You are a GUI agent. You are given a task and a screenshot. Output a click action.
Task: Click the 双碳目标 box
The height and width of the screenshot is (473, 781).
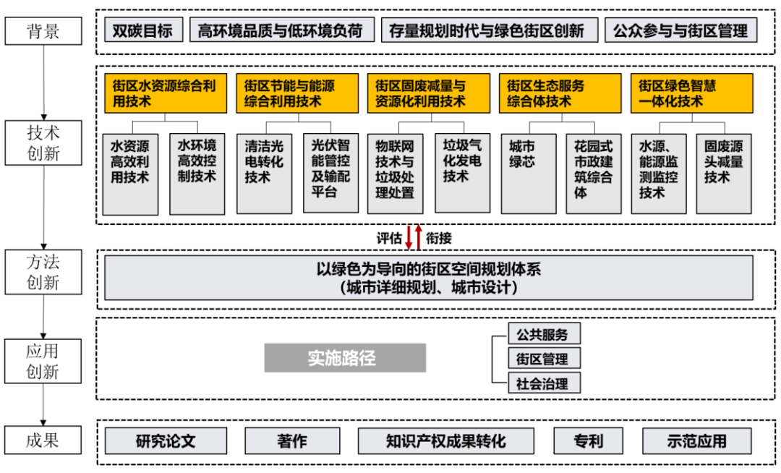click(143, 30)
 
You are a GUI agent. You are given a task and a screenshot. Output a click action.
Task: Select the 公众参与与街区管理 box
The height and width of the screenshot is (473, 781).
click(681, 30)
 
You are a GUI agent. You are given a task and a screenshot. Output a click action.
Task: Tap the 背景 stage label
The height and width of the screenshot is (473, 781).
click(43, 31)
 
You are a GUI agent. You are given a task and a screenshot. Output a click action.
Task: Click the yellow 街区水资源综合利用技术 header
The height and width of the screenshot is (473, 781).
click(166, 93)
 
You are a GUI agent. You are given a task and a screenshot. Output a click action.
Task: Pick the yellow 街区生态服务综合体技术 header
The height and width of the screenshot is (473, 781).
click(560, 93)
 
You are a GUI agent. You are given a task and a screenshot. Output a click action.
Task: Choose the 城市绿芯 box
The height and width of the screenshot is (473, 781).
click(529, 174)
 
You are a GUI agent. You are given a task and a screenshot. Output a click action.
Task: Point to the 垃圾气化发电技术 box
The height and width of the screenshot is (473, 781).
click(462, 174)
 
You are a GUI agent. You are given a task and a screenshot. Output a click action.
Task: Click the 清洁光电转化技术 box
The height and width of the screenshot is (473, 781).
click(264, 174)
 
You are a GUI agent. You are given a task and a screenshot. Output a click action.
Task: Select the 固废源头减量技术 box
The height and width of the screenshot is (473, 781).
click(724, 174)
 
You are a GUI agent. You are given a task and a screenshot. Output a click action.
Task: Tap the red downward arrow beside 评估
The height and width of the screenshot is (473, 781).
click(409, 237)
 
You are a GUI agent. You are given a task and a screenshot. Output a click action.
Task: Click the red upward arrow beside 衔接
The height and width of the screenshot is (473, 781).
click(419, 237)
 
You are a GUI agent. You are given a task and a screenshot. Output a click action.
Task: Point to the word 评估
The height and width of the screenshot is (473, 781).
click(389, 238)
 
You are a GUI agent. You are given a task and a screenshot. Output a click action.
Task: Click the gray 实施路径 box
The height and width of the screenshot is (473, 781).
click(345, 358)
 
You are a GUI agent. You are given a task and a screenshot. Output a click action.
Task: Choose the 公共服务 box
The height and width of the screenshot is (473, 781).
click(545, 334)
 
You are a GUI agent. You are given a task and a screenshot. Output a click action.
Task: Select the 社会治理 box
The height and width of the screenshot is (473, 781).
click(545, 383)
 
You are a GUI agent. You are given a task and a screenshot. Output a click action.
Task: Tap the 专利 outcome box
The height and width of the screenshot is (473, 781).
click(588, 440)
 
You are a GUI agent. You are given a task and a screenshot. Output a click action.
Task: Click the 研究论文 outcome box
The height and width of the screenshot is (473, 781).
click(166, 440)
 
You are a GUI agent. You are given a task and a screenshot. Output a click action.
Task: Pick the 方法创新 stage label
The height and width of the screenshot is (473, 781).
click(43, 272)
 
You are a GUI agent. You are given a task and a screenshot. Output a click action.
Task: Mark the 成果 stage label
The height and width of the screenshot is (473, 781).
click(43, 440)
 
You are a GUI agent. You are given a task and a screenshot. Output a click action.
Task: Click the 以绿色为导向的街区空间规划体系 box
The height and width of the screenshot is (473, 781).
click(428, 278)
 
